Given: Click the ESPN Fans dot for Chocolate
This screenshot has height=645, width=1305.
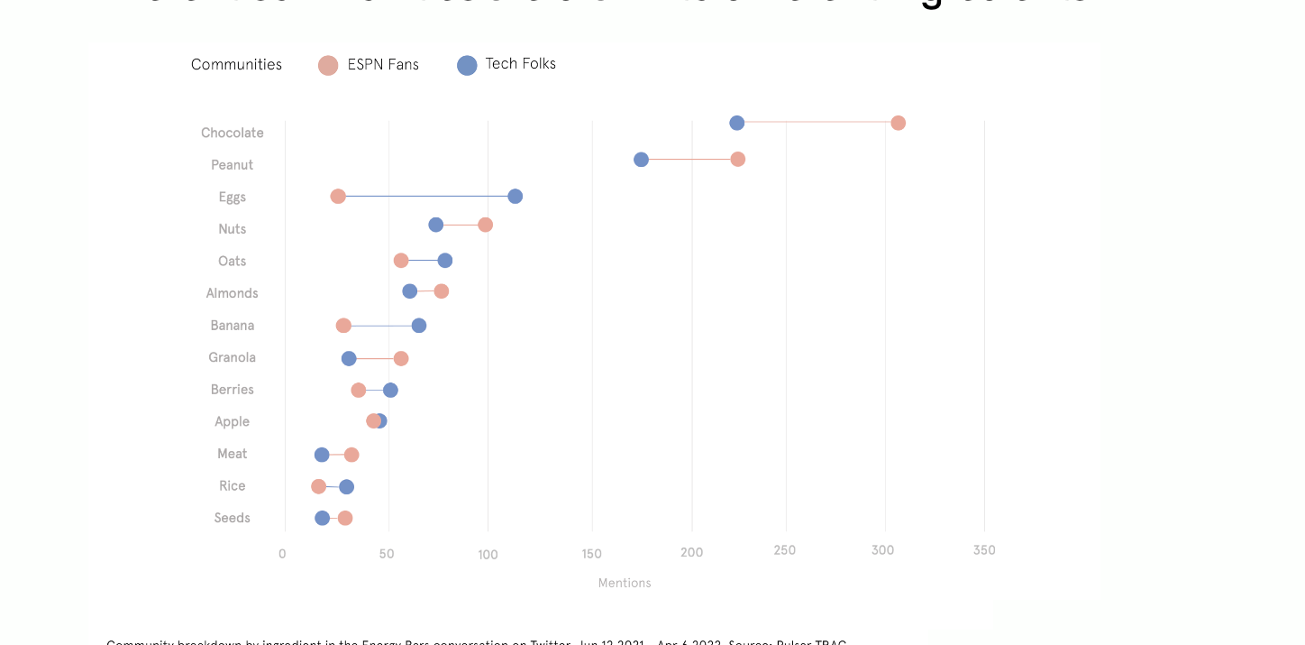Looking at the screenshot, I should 898,123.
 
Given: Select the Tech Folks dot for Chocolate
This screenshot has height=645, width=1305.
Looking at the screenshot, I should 737,123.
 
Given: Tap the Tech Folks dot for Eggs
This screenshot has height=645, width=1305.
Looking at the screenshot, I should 516,197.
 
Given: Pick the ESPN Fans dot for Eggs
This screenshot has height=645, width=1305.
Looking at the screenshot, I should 338,197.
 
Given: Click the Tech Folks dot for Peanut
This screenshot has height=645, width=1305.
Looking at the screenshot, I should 641,160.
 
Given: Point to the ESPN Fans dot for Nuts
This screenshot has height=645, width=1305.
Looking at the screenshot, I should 486,225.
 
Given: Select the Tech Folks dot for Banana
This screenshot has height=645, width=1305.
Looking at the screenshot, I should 419,326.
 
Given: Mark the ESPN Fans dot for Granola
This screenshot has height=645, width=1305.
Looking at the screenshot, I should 401,359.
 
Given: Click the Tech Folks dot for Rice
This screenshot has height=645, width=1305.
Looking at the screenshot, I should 347,487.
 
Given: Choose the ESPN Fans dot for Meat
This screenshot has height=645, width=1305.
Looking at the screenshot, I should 351,455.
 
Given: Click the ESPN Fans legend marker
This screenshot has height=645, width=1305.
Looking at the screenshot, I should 328,65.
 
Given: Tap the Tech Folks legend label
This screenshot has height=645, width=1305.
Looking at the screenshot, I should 520,64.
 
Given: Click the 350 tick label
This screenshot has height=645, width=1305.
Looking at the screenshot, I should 984,551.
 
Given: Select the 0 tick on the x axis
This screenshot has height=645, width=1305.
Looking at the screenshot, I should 283,553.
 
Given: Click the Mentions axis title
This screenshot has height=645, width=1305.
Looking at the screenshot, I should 625,584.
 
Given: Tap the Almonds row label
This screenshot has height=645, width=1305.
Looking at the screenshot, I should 232,293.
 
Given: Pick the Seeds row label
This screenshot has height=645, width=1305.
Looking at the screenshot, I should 232,518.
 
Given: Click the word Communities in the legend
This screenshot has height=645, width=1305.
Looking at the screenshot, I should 236,65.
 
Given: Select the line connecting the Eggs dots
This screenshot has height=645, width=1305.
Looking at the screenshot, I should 426,197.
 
